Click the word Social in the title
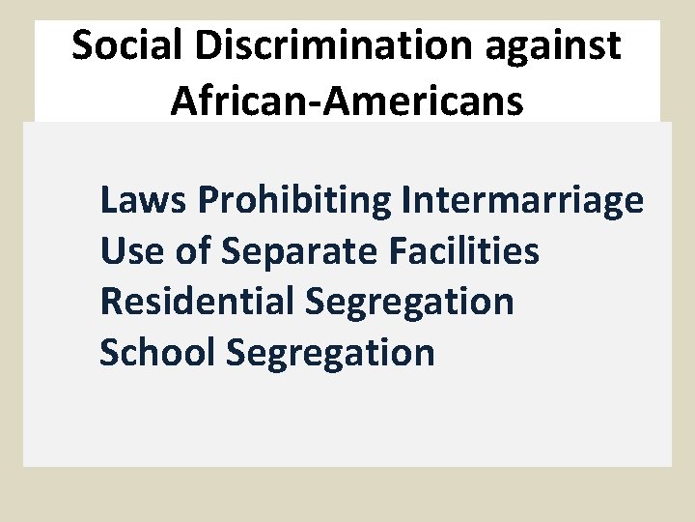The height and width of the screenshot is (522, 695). [121, 45]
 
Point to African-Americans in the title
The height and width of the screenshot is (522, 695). [347, 100]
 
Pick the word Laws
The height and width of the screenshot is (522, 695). [143, 200]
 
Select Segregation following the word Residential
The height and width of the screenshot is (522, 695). [409, 303]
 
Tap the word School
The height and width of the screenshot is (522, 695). [156, 352]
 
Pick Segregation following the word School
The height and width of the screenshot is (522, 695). [330, 353]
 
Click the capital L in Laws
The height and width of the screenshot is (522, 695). [109, 200]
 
